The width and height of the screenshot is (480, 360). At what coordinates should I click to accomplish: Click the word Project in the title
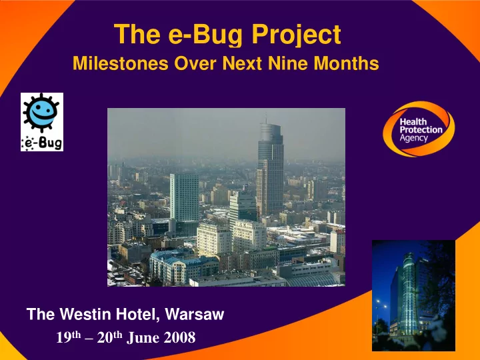296,35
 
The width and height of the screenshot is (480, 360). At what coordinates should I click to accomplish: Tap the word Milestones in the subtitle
121,63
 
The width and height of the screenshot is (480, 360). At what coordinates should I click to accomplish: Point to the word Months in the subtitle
347,63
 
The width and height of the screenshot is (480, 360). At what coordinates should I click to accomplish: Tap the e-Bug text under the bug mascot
41,143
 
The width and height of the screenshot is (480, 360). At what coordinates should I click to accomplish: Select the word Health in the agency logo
413,122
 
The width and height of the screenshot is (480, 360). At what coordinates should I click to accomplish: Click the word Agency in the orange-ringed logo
413,138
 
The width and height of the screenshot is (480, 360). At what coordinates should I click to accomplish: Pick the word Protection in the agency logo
421,130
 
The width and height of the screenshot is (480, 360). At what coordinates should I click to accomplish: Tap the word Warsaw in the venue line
195,315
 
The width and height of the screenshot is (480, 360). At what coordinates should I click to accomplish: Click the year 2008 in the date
179,337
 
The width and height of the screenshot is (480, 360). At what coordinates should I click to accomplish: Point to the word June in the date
143,337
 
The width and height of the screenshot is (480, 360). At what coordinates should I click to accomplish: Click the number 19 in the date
64,337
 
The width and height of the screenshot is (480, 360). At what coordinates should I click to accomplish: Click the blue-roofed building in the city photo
183,268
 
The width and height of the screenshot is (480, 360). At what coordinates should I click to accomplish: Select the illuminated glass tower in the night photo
409,293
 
